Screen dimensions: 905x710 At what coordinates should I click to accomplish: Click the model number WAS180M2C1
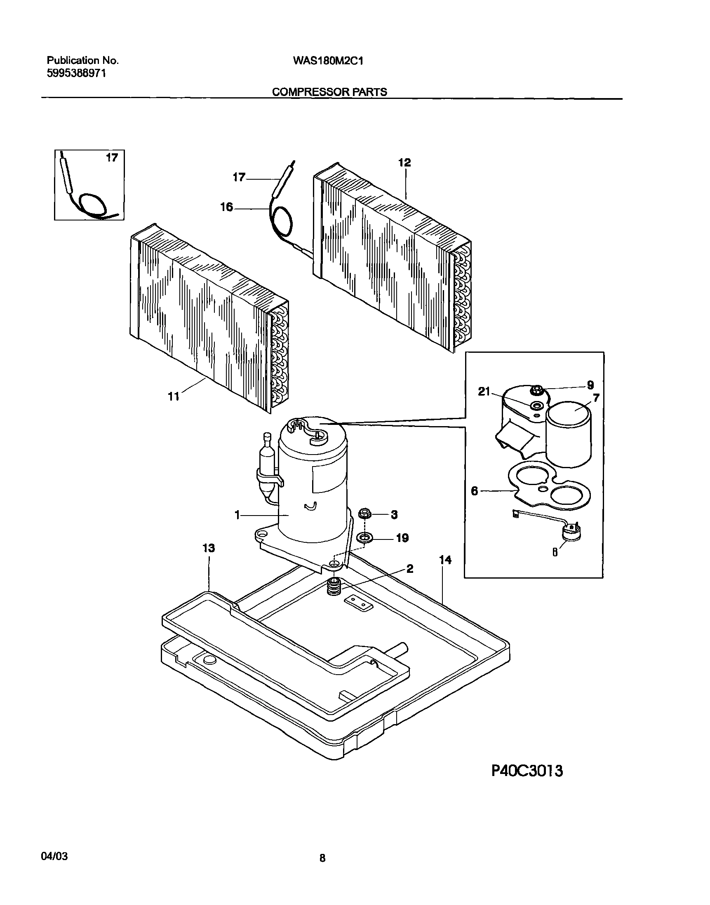[x=328, y=61]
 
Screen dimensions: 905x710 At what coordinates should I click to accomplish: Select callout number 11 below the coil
[x=173, y=396]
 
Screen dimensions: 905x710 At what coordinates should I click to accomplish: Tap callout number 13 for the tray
[x=209, y=548]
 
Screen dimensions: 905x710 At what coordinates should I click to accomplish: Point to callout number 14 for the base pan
[x=445, y=560]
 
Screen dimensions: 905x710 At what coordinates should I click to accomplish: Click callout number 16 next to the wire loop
[x=226, y=207]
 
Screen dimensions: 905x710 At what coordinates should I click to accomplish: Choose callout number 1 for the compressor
[x=237, y=515]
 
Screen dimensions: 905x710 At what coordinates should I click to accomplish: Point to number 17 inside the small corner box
[x=112, y=157]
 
